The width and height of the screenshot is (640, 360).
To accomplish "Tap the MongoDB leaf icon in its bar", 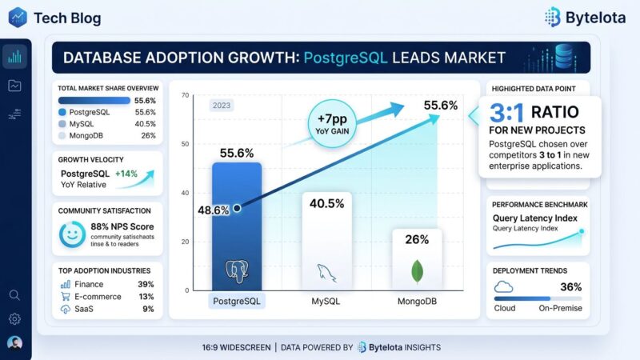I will coord(416,271).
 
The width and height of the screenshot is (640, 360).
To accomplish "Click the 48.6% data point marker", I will coord(237,209).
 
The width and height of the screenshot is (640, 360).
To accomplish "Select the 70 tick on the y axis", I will coord(186,96).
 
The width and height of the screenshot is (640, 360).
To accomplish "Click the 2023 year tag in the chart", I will coord(222,105).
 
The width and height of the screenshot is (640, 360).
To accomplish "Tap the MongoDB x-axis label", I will coord(417,302).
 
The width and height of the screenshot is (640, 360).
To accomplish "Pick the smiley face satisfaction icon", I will coord(72,235).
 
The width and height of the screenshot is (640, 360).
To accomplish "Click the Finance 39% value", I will coord(146,284).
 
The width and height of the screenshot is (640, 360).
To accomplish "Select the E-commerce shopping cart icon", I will coord(65,296).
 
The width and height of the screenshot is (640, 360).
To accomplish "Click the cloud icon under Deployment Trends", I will coord(504,287).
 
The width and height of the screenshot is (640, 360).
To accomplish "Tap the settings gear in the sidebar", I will coord(14,318).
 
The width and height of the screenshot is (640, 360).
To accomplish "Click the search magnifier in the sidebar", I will coord(14,294).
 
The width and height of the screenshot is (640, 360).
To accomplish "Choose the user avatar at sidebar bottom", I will coord(14,342).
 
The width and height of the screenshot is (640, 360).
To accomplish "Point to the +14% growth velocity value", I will coord(127,173).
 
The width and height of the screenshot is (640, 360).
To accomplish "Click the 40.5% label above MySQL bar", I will coord(326,204).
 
